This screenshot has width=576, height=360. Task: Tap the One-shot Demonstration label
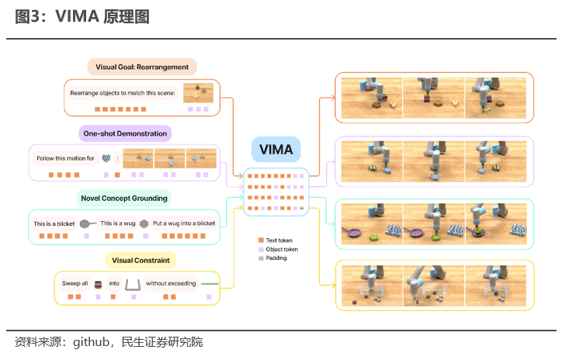(124, 133)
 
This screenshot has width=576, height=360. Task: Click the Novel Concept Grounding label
(123, 198)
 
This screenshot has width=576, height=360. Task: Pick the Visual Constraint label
(141, 259)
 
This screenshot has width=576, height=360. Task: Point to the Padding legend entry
(276, 258)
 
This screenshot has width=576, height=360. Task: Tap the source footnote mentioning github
(109, 342)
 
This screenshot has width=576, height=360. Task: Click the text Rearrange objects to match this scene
(123, 93)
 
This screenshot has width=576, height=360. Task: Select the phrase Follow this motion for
(65, 158)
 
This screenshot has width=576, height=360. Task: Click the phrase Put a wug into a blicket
(183, 223)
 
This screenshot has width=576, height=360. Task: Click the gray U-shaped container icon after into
(133, 284)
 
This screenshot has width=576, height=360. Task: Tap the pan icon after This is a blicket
(88, 223)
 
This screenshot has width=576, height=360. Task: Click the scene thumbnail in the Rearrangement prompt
(198, 92)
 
